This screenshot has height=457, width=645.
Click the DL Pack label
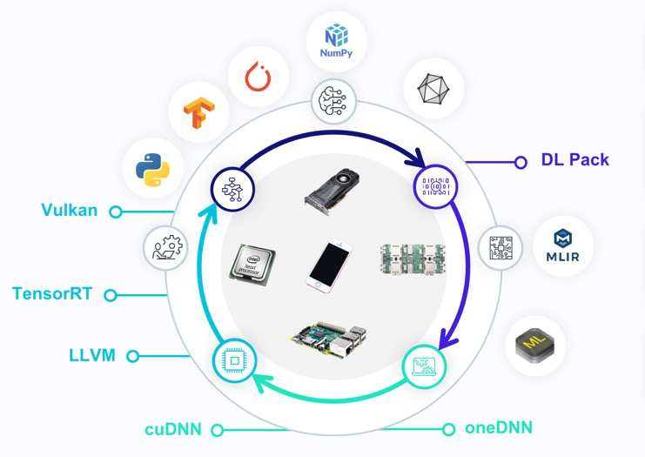click(575, 160)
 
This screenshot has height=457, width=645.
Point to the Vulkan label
click(69, 210)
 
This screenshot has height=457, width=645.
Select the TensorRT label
click(54, 293)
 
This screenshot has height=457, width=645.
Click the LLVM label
click(92, 354)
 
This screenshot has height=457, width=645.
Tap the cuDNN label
click(172, 428)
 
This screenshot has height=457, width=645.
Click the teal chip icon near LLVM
click(234, 359)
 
